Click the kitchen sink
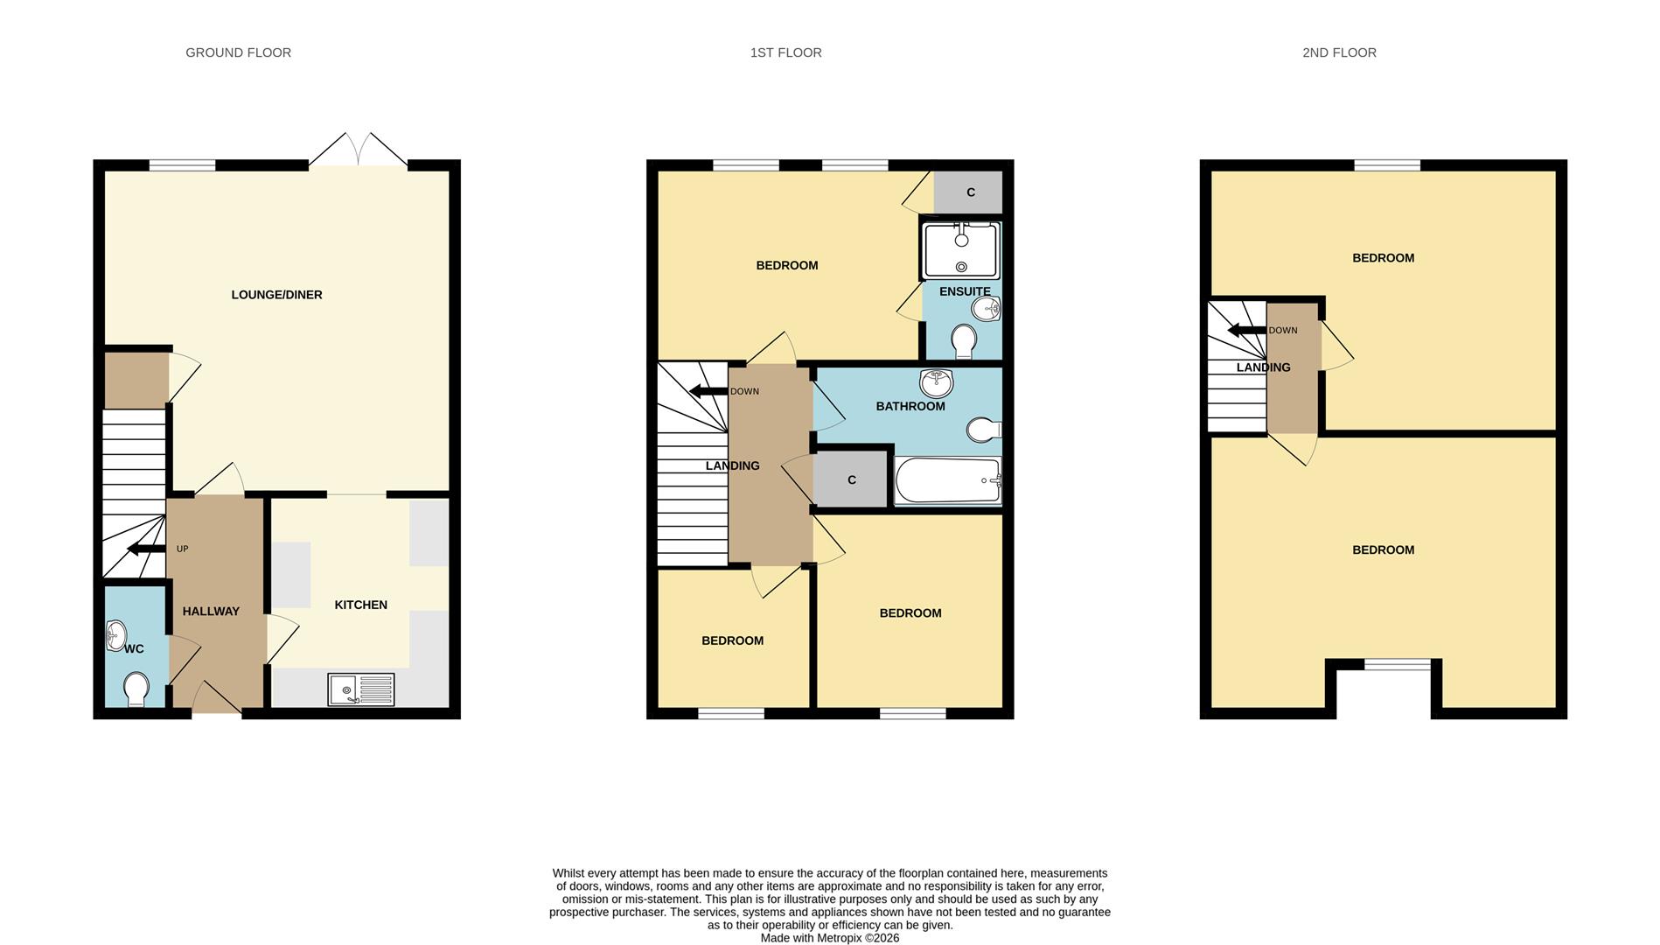click(360, 689)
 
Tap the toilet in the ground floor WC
click(136, 689)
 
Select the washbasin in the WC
click(115, 636)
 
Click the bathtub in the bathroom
click(948, 480)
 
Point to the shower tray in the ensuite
click(961, 250)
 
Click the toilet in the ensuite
click(964, 342)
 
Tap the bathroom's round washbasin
click(937, 383)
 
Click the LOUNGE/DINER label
click(276, 295)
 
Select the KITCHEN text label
click(360, 605)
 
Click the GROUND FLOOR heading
click(238, 52)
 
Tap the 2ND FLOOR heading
click(1339, 52)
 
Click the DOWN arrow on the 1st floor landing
click(708, 391)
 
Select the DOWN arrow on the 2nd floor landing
click(1247, 330)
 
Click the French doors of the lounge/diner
click(357, 149)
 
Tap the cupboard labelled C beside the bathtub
click(851, 479)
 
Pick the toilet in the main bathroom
click(984, 430)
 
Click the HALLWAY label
click(211, 612)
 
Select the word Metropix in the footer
click(840, 938)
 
